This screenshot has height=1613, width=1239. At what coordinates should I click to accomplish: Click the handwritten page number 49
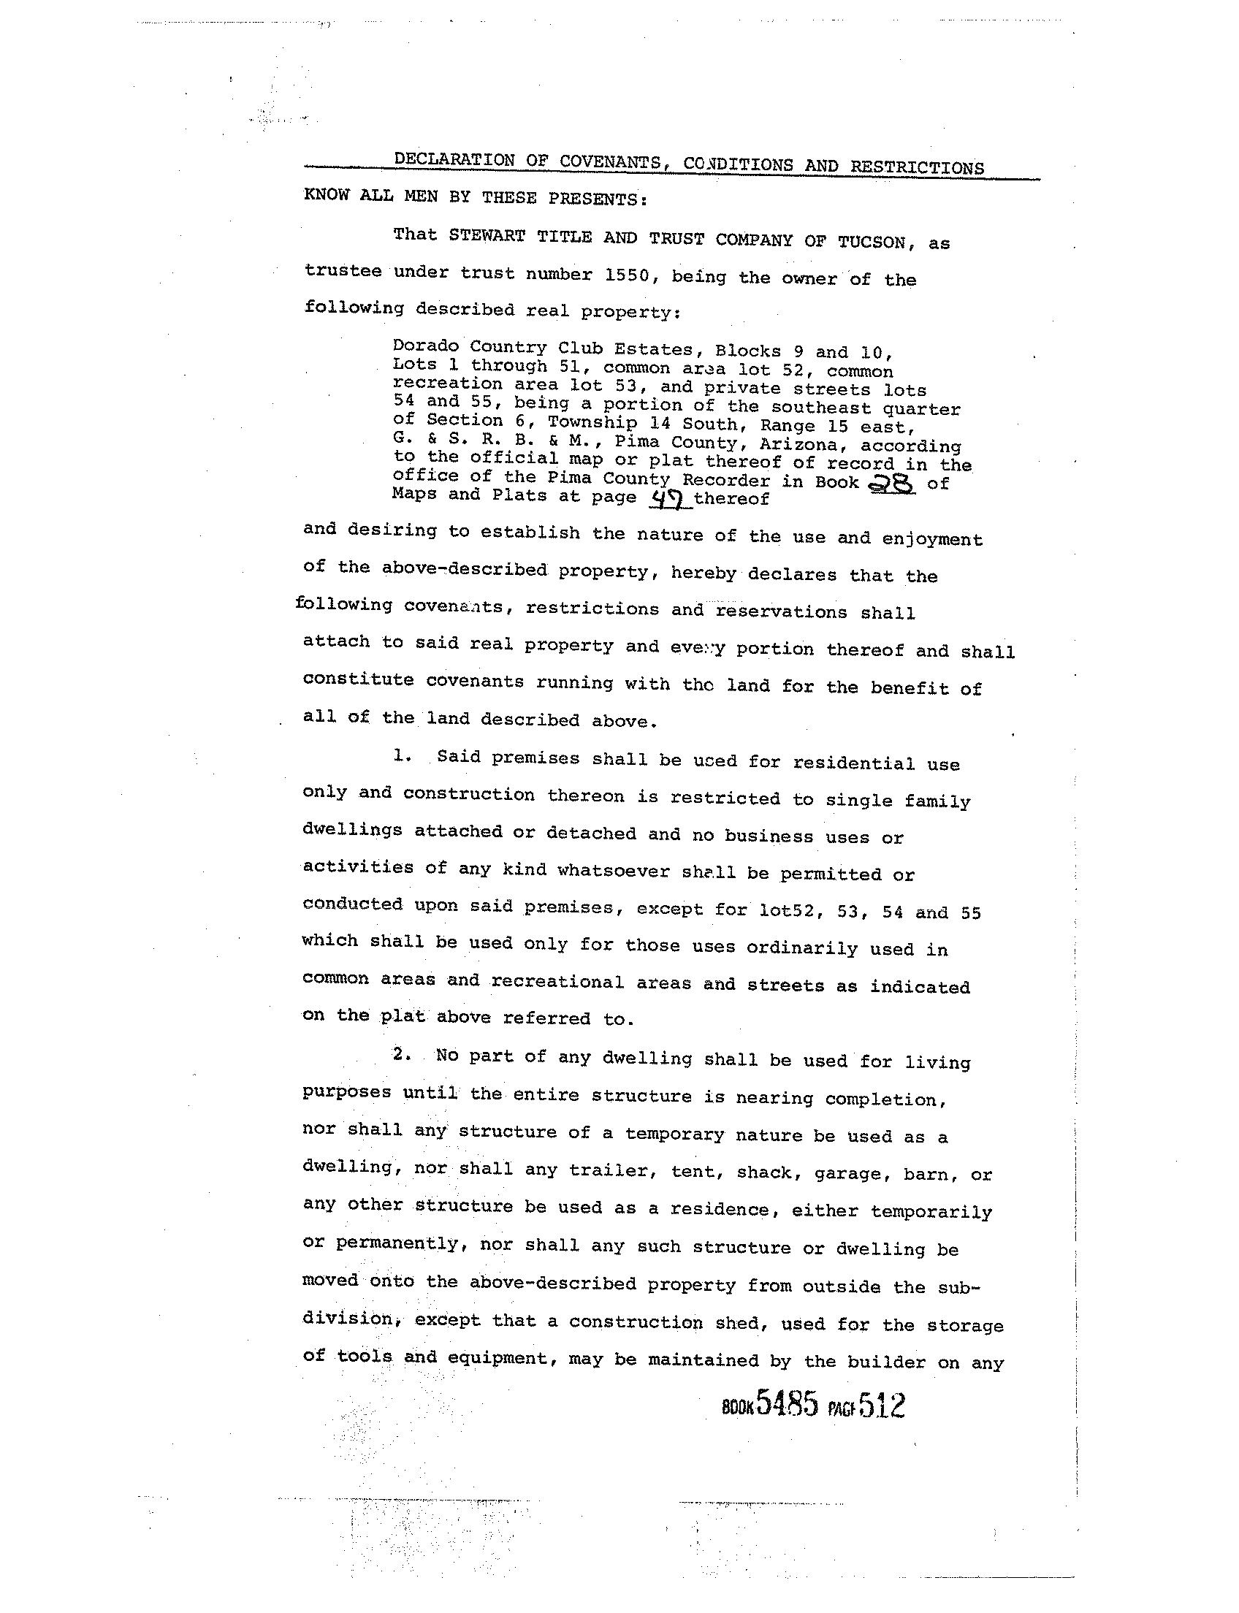point(669,500)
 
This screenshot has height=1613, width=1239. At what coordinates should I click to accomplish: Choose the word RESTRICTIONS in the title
point(917,167)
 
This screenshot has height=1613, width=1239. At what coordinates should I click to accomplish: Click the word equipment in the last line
point(479,1358)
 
